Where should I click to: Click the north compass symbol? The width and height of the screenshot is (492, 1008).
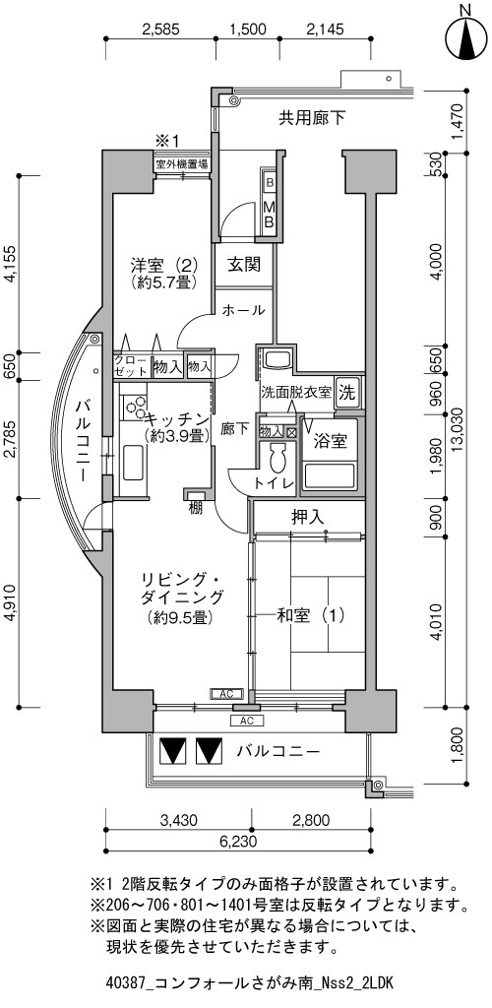click(x=466, y=38)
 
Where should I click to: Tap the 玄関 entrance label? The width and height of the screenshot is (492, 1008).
click(x=245, y=264)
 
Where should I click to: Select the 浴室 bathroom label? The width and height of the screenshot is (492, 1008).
click(x=331, y=442)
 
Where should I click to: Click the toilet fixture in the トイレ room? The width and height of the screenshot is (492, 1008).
click(x=278, y=459)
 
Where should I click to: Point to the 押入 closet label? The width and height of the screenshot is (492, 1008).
click(x=308, y=516)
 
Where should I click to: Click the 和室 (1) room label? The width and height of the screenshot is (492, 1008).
click(x=311, y=616)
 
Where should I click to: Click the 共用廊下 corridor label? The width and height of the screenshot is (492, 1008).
click(x=312, y=118)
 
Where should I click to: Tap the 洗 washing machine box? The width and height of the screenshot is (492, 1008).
click(x=346, y=393)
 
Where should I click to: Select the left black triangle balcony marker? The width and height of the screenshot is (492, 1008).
click(x=172, y=749)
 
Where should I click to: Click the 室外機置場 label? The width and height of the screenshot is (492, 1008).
click(x=181, y=164)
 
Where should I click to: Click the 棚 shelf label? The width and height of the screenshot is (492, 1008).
click(x=195, y=508)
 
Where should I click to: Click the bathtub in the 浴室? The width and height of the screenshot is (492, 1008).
click(x=331, y=476)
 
